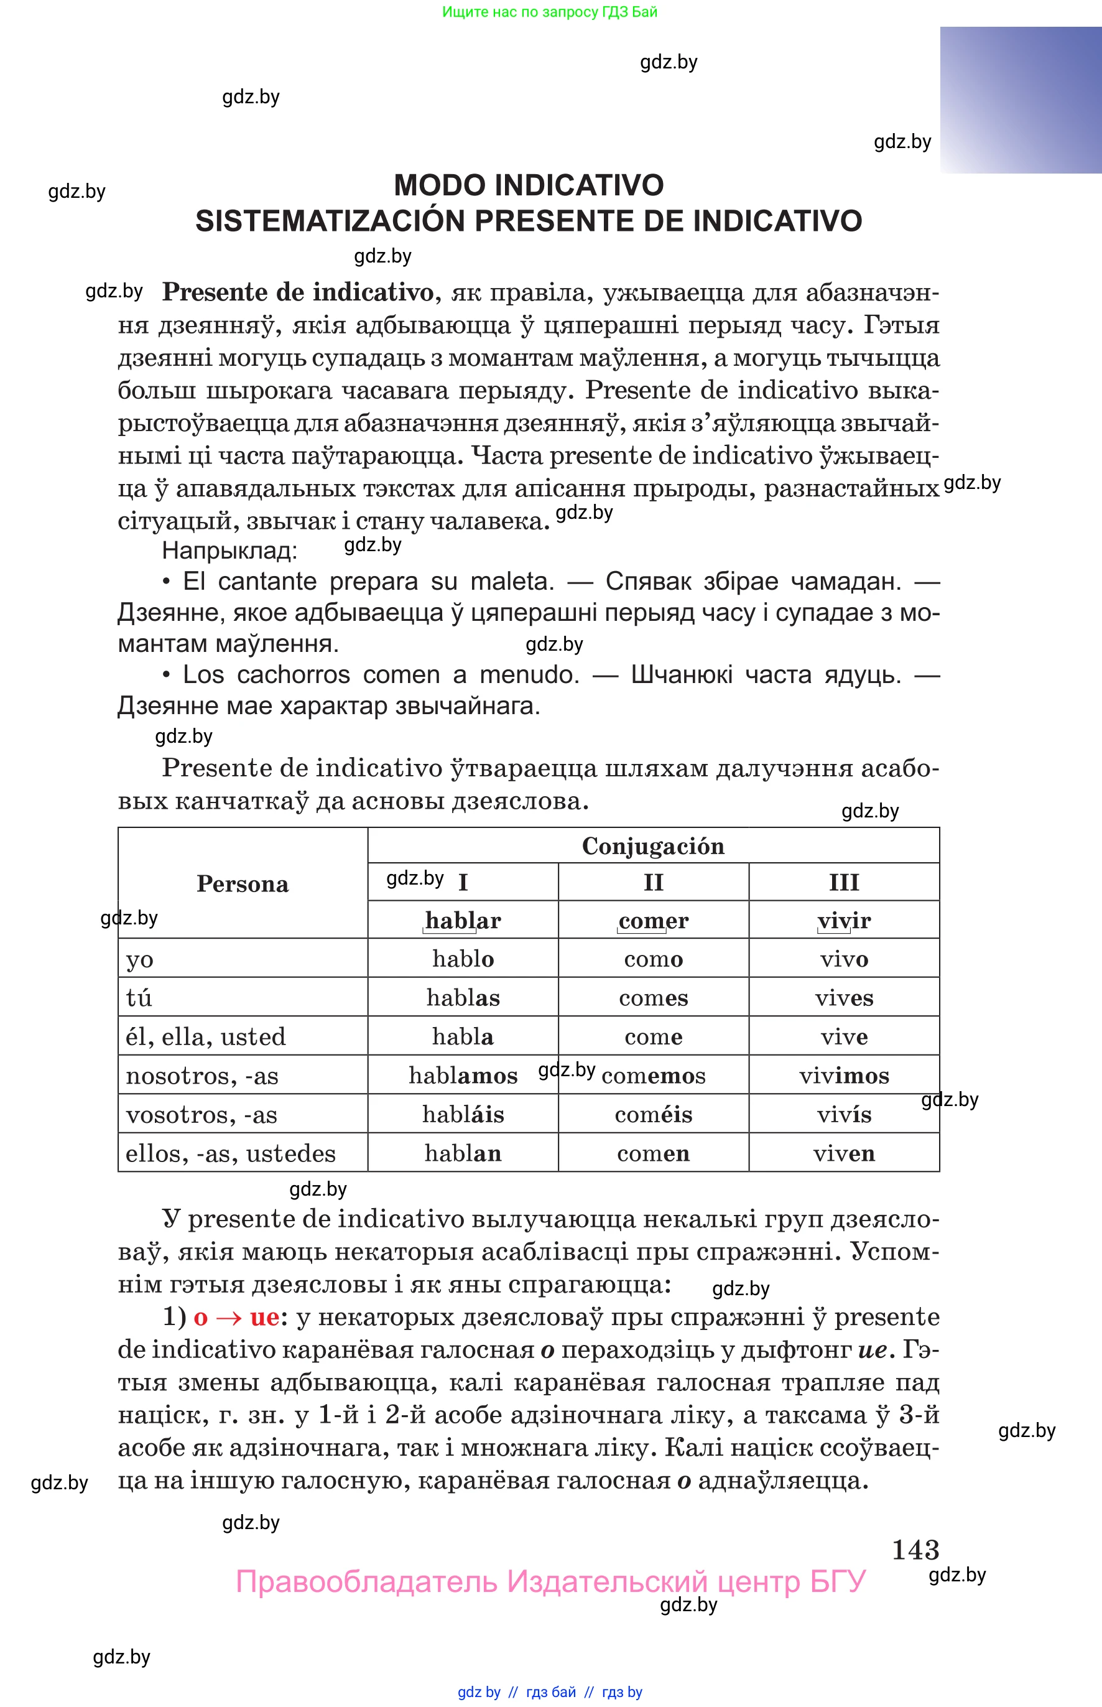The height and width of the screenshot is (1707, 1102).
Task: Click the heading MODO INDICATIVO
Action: coord(528,185)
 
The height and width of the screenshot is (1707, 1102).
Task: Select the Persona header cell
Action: coord(243,884)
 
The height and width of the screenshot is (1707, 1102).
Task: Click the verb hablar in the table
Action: coord(462,921)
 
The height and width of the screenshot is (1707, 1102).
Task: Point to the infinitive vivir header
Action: coord(844,921)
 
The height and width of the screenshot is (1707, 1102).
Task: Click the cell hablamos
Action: coord(462,1076)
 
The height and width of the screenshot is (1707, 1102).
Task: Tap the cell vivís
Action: coord(844,1114)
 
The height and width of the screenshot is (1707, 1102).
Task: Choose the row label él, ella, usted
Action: coord(205,1037)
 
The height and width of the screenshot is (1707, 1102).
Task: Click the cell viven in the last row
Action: coord(844,1153)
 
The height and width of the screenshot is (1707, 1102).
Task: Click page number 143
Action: coord(915,1550)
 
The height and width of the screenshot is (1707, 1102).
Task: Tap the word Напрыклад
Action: coord(229,551)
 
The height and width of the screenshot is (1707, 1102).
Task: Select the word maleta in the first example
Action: coord(512,581)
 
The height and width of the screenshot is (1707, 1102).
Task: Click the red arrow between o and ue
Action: coord(228,1318)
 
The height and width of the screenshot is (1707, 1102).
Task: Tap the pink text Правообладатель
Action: coord(366,1582)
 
